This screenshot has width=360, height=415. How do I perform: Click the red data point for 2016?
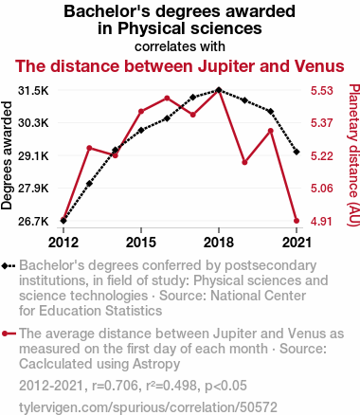[x=167, y=99]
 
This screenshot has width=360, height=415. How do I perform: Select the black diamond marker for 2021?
[x=297, y=152]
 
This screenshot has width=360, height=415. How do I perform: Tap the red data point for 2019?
[x=244, y=162]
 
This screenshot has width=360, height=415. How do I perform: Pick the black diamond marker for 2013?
[x=89, y=184]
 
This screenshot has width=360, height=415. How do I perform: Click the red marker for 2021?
[x=297, y=221]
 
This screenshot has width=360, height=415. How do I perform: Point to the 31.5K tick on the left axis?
[x=33, y=91]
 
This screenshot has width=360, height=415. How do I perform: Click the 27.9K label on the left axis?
[x=33, y=189]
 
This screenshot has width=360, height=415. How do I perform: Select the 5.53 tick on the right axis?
[x=322, y=91]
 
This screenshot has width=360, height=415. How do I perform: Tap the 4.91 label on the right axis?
[x=322, y=222]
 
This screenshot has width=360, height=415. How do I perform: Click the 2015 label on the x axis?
[x=141, y=243]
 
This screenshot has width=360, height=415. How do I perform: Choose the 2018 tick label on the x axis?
[x=219, y=243]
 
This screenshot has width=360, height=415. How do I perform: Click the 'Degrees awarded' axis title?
[x=7, y=155]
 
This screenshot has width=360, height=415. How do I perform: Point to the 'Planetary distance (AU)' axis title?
[x=353, y=155]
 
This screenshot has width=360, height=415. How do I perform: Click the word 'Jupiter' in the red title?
[x=227, y=66]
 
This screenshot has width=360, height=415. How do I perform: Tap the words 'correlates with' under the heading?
[x=180, y=46]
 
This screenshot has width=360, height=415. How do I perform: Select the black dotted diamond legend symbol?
[x=9, y=266]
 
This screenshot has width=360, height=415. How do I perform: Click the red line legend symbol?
[x=9, y=334]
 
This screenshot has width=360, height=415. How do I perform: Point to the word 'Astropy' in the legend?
[x=156, y=364]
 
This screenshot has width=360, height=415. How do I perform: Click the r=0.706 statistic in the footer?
[x=115, y=386]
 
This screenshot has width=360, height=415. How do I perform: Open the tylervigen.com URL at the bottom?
[x=148, y=407]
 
